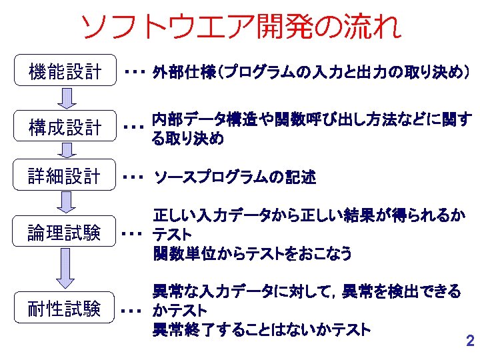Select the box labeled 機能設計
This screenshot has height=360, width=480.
[64, 71]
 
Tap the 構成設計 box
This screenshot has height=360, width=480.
[64, 127]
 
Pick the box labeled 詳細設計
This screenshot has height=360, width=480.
[64, 177]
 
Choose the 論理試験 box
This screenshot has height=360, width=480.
[64, 233]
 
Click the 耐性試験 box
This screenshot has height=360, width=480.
[64, 309]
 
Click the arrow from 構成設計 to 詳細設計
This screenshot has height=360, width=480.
[64, 152]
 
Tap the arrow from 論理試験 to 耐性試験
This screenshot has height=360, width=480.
[64, 270]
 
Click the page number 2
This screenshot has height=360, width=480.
[469, 341]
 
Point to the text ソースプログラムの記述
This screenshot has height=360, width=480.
[235, 177]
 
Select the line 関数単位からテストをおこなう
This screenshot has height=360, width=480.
[252, 253]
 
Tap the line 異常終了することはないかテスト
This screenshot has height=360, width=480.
[261, 329]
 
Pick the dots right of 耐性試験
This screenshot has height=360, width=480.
[134, 311]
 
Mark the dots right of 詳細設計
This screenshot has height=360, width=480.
[134, 178]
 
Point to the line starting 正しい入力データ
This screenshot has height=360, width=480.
[309, 215]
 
